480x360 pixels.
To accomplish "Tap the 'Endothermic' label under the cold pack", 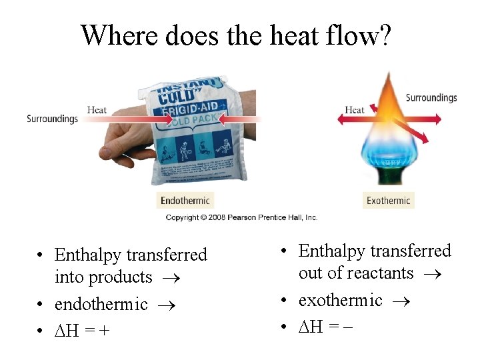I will coord(185,200).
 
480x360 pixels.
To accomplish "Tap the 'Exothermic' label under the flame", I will coord(389,200).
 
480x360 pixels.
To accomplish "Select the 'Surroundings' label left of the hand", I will coord(52,119).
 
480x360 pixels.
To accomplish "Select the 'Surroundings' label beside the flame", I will coord(431,97).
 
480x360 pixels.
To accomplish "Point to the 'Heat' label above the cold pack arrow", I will coord(97,109).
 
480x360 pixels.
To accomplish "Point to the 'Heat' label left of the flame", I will coord(355,109).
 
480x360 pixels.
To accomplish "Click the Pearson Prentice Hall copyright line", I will coord(241,217).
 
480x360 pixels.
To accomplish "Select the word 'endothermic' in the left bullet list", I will coord(101,305).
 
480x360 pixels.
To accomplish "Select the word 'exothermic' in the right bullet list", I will coord(340,301).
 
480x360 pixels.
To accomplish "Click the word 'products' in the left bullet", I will coord(122,277).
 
